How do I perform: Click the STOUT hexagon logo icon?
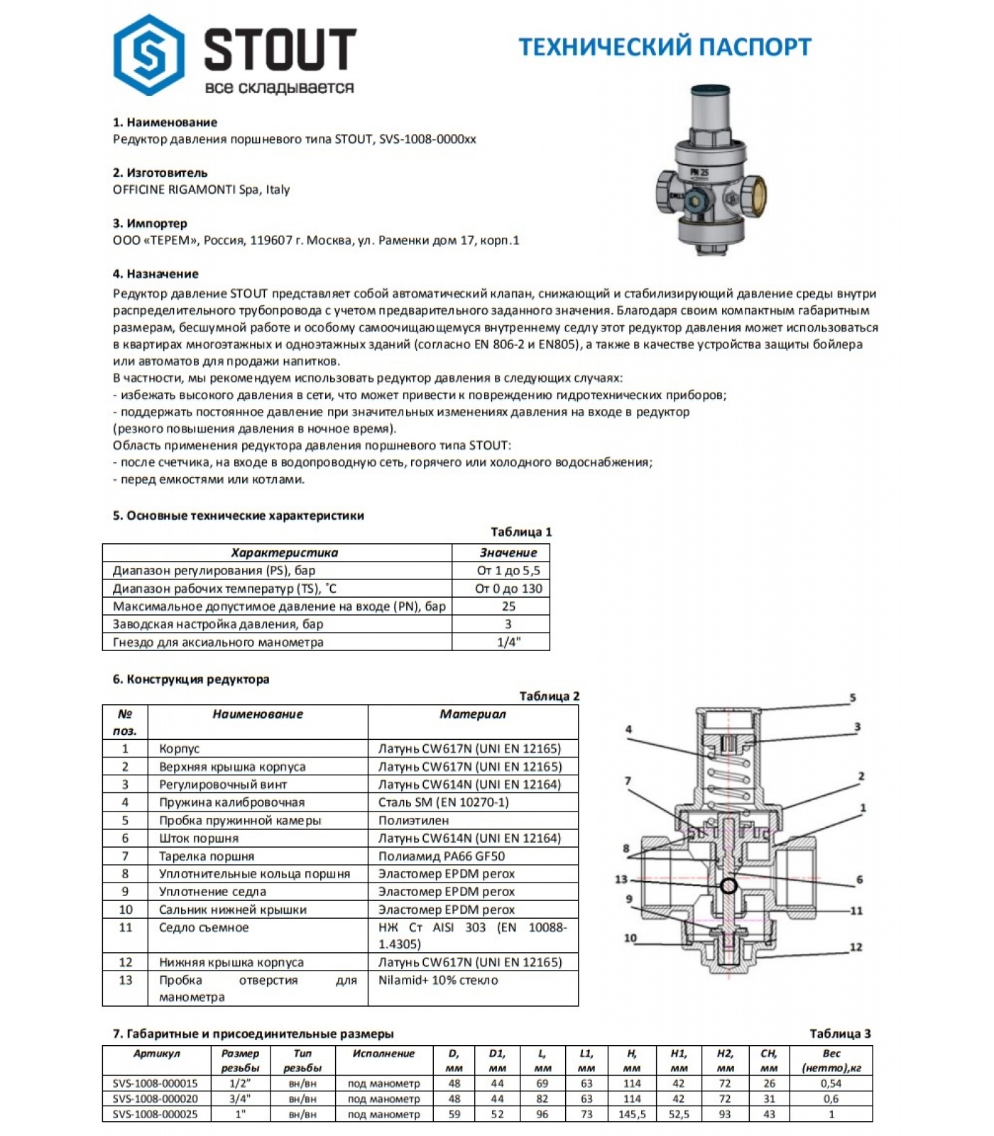(x=149, y=55)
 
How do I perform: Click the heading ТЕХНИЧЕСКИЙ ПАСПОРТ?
(x=665, y=47)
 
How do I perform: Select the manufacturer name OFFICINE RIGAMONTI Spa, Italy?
(x=201, y=190)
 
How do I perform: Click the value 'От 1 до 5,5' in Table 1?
(x=508, y=571)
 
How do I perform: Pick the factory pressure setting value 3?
(x=508, y=624)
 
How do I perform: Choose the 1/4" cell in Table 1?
(x=508, y=643)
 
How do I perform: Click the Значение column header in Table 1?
(x=508, y=552)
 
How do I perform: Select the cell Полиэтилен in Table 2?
(x=413, y=820)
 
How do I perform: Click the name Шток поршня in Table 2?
(x=199, y=838)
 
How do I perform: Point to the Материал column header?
(x=472, y=714)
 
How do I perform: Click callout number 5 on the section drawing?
(x=853, y=698)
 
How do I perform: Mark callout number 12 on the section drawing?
(x=856, y=947)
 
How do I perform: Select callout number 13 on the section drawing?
(x=621, y=880)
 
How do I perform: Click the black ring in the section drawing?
(x=728, y=886)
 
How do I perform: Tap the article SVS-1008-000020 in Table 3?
(x=155, y=1098)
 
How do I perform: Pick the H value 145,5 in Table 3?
(x=632, y=1114)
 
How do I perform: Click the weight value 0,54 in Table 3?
(x=831, y=1083)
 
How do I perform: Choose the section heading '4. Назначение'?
(x=155, y=274)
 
